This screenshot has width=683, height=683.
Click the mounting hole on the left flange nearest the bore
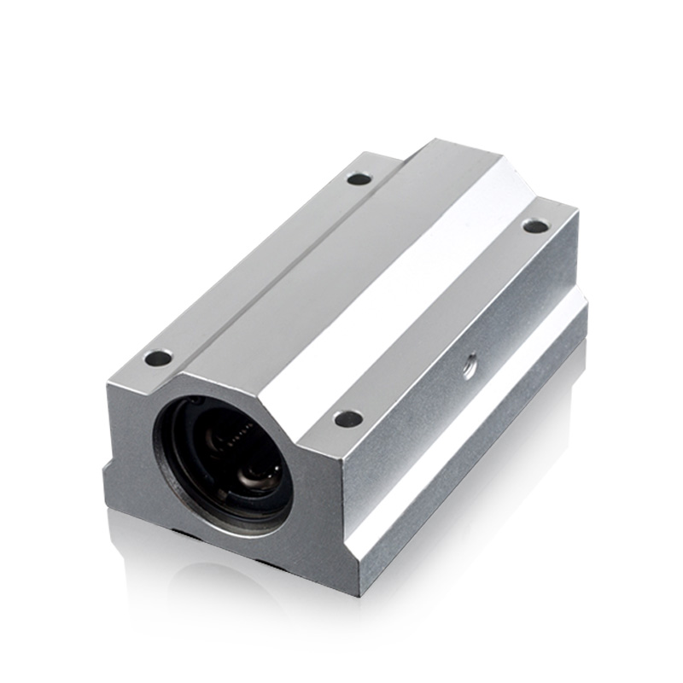tap(157, 358)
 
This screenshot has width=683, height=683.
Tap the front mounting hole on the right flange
tap(347, 418)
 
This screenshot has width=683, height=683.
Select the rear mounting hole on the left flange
tap(359, 178)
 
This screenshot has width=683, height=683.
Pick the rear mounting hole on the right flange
tap(534, 226)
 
